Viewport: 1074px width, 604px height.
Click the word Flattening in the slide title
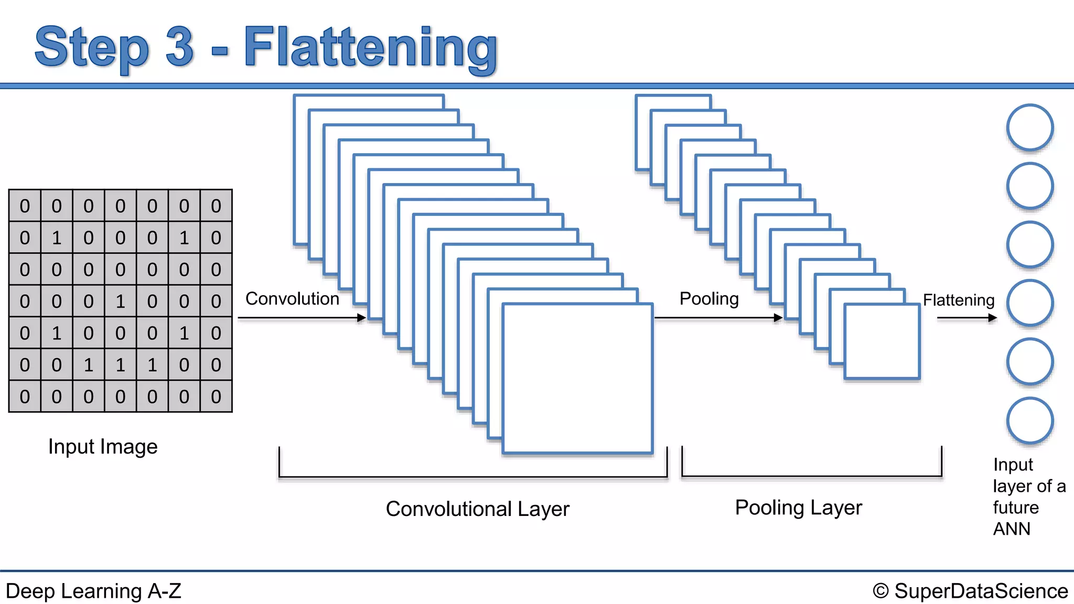(370, 48)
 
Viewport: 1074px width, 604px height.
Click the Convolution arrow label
(292, 299)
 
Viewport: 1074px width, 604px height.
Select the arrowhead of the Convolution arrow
(361, 318)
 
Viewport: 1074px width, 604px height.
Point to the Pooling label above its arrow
(708, 299)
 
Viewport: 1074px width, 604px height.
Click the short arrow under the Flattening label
(966, 318)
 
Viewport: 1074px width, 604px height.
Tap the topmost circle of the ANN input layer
(1029, 127)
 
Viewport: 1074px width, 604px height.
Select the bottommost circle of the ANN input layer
(1029, 420)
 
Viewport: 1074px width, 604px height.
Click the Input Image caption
(103, 447)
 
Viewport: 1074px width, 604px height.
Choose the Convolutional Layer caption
(477, 509)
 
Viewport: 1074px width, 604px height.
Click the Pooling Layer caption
(798, 508)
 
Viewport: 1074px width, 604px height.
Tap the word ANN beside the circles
(1012, 529)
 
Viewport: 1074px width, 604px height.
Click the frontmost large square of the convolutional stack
(577, 378)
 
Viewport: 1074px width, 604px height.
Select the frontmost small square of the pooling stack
(882, 341)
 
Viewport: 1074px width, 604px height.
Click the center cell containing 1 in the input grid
(120, 301)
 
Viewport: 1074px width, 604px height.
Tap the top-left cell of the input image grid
(25, 206)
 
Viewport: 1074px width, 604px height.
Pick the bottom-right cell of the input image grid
(216, 397)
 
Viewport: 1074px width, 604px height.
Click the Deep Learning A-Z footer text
(93, 591)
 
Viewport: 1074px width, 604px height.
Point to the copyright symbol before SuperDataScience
(880, 591)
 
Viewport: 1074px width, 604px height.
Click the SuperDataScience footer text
(981, 591)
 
